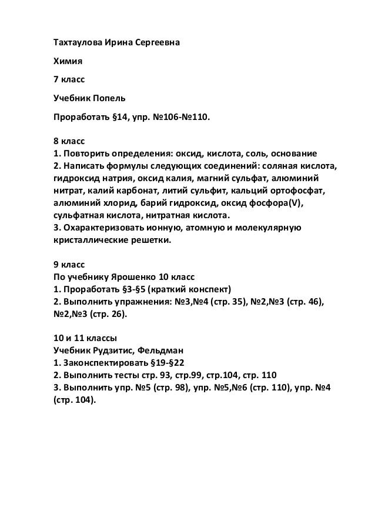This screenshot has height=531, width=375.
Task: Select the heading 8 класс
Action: pyautogui.click(x=62, y=141)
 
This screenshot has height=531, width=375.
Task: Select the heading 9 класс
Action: pyautogui.click(x=62, y=263)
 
